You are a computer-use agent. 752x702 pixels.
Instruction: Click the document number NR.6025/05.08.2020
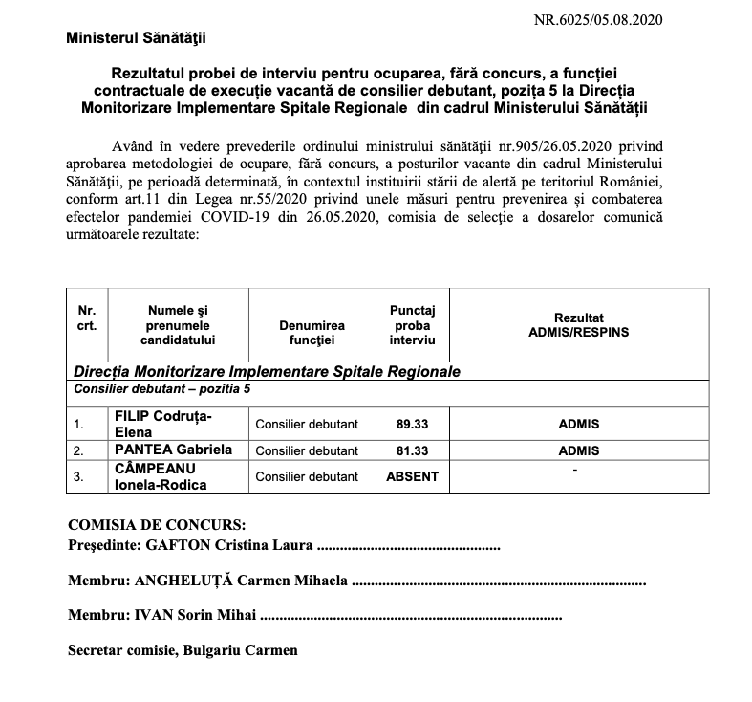597,19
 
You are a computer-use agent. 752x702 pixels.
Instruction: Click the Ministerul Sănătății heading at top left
136,38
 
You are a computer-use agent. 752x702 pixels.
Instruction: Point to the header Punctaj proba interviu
412,324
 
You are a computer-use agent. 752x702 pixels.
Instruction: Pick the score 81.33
412,450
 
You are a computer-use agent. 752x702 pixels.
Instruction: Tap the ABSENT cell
412,476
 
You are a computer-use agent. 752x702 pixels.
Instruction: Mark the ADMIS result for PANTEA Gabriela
578,450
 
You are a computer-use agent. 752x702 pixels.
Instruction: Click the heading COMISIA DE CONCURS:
156,525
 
